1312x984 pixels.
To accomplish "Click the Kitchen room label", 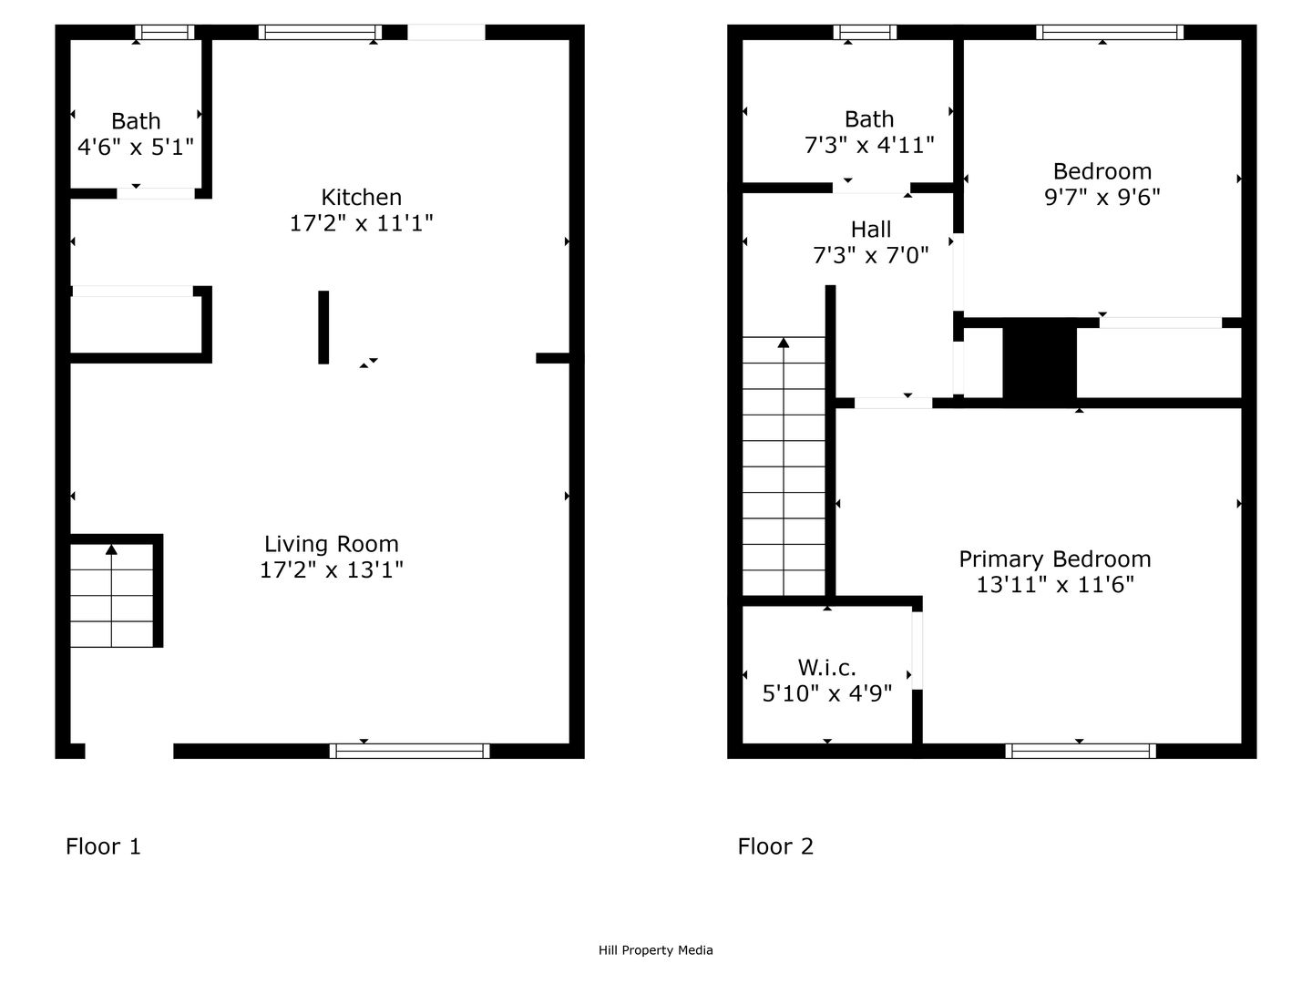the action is coord(361,197).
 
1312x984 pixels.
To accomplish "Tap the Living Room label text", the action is coord(331,544).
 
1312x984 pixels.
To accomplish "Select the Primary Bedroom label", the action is coord(1055,559).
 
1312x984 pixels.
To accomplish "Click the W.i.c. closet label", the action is coord(826,667).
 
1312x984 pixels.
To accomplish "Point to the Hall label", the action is coord(870,230).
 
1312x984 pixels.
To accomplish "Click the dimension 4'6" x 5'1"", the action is coord(136,147).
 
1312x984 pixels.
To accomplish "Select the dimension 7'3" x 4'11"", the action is coord(869,145).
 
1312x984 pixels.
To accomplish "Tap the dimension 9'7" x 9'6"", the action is coord(1102,197).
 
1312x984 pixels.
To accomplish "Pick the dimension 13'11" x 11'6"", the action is coord(1055,585).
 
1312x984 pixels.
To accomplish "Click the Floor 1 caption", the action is coord(103,846).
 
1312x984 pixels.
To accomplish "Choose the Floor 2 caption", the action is coord(775,846).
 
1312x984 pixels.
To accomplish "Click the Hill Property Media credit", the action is coord(656,950).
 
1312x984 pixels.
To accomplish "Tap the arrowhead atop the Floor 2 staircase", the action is coord(784,343).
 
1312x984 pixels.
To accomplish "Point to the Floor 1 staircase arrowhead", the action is coord(111,549).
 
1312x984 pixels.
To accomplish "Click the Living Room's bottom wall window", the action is coord(409,751).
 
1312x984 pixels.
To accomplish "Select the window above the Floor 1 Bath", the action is coord(164,32).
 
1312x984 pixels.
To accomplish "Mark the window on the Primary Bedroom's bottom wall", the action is coord(1081,751).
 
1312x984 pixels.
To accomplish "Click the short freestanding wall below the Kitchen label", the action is coord(323,327).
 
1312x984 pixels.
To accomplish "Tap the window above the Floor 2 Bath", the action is coord(865,32).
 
